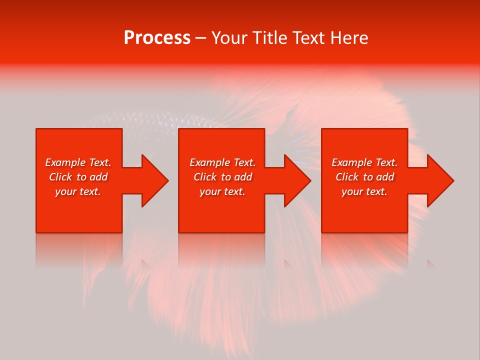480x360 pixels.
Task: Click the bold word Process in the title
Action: tap(157, 38)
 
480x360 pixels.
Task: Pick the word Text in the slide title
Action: tap(308, 38)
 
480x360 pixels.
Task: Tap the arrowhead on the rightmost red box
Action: tap(438, 180)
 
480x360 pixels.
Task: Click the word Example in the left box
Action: tap(65, 162)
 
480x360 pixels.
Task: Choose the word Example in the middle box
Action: tap(210, 162)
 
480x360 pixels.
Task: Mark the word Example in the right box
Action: tap(352, 162)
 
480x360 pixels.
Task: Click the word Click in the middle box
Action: tap(204, 177)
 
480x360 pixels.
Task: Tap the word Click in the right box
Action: tap(346, 177)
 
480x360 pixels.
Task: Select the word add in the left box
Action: tap(99, 177)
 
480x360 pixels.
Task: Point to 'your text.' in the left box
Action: tap(78, 191)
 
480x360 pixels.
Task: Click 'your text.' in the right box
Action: tap(364, 191)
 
